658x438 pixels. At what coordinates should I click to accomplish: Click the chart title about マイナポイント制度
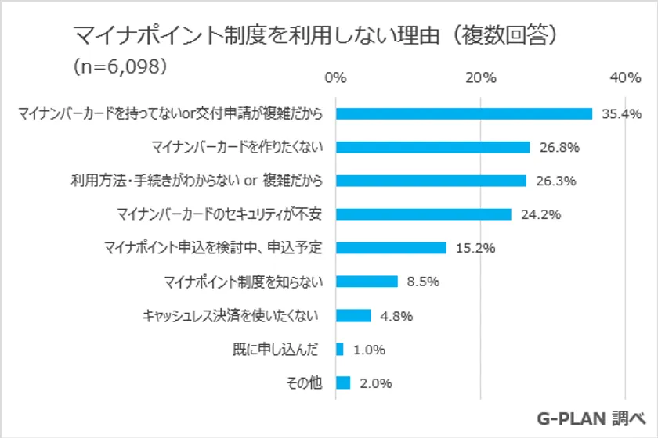coord(316,35)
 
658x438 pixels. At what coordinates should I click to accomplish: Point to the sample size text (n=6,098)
coord(119,66)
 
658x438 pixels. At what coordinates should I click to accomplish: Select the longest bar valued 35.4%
coord(464,113)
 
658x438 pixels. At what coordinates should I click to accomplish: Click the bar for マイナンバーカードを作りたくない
coord(432,147)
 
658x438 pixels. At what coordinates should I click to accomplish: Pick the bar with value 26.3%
coord(431,181)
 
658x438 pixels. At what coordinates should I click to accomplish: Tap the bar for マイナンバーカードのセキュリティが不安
coord(423,214)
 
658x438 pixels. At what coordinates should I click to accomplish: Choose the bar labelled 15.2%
coord(391,248)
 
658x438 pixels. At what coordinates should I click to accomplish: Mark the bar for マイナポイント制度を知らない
coord(367,282)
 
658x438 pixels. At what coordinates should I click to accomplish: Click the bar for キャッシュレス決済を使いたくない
coord(353,315)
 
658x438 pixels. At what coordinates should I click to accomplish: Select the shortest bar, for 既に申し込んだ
coord(339,350)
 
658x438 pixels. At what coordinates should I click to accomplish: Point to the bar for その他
coord(343,383)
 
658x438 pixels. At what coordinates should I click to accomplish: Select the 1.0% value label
coord(369,350)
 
